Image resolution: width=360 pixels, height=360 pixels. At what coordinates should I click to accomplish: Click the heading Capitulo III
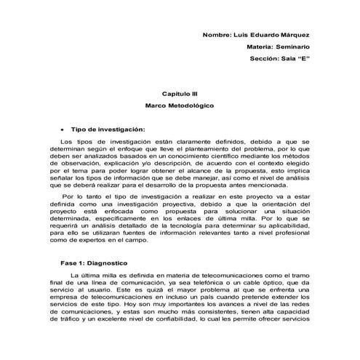coord(180,95)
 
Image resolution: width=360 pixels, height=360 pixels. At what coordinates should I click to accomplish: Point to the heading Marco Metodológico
coord(180,106)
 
